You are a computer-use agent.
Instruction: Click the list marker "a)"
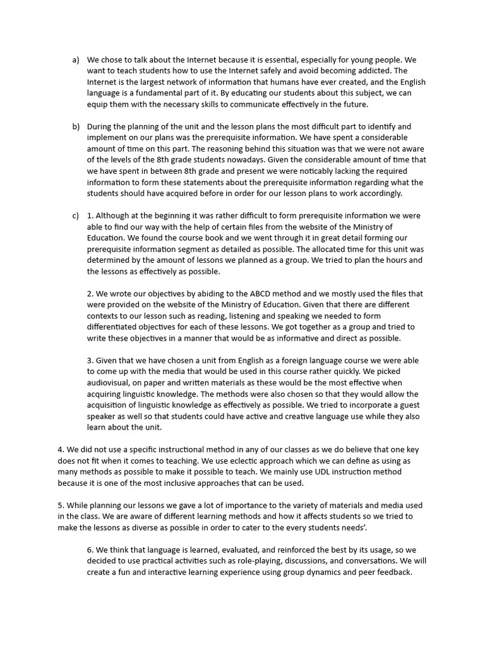click(x=76, y=60)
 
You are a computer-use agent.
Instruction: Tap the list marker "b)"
click(x=76, y=126)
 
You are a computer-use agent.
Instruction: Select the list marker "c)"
click(x=76, y=215)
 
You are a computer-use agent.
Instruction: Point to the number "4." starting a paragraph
click(x=61, y=450)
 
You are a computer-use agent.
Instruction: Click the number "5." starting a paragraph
click(x=61, y=505)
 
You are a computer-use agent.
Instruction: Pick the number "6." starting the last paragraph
click(x=91, y=550)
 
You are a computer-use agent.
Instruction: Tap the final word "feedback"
click(x=392, y=572)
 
